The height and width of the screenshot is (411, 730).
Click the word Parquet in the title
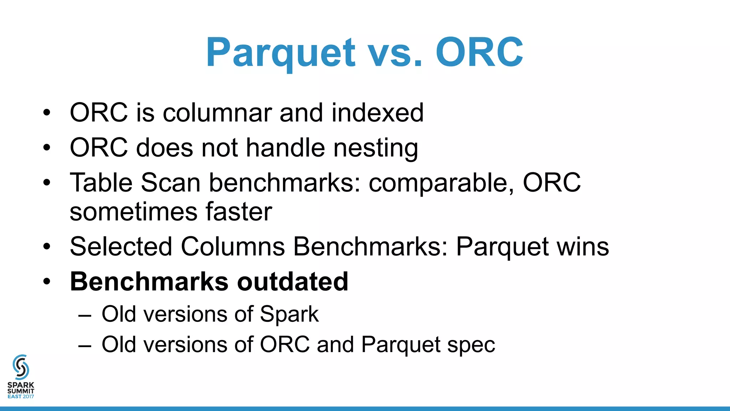point(281,53)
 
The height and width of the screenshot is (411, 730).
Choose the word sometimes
point(134,212)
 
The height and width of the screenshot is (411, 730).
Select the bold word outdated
point(293,281)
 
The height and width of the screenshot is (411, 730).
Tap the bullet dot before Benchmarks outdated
point(47,282)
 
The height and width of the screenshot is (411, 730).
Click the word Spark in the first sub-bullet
point(289,315)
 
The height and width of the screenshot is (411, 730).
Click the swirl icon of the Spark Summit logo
point(21,367)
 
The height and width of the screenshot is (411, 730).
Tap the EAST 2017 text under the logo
point(21,396)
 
